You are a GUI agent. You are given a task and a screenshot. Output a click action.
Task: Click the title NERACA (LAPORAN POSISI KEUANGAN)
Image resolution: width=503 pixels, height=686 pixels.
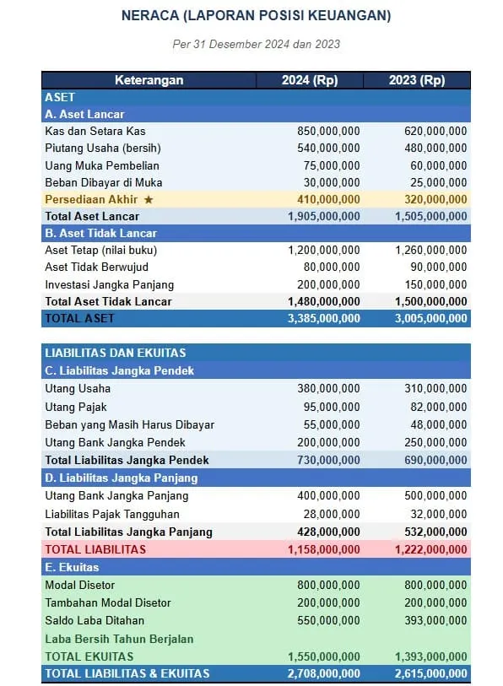coord(256,16)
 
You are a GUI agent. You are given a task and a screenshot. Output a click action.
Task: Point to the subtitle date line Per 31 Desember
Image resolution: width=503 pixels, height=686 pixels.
coord(256,44)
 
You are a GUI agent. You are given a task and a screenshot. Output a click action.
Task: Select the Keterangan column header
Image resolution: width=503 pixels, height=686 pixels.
coord(149,80)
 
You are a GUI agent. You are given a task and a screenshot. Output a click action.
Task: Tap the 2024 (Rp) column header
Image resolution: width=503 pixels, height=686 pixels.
coord(309,80)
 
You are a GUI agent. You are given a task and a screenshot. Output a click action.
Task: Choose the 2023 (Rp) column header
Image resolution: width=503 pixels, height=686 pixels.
coord(417,80)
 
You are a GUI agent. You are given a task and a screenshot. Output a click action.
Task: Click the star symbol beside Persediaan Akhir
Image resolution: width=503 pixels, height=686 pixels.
coord(149,199)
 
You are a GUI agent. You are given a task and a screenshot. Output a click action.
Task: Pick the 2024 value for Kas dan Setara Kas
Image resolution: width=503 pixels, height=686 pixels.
coord(328,131)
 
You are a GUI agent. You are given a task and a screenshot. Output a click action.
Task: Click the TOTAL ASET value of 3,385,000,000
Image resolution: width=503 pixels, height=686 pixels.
coord(323,318)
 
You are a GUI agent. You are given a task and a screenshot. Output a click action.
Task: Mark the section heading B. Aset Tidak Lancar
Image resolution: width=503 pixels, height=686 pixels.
coord(100,233)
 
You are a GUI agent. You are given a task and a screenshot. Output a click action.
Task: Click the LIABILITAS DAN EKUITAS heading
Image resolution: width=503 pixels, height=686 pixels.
coord(115,353)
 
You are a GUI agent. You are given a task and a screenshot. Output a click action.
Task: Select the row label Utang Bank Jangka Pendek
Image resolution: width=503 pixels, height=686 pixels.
coord(115,442)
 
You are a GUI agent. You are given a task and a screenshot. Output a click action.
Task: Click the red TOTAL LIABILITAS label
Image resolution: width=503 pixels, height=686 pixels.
coord(95,549)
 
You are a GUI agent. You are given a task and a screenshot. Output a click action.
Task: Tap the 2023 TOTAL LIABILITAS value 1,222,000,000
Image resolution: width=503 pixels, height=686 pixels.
coord(430,549)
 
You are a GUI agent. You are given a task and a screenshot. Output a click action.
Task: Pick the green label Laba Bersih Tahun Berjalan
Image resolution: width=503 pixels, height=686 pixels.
coord(119,639)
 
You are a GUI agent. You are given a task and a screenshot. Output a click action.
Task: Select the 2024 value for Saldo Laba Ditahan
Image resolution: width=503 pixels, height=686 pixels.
coord(328,620)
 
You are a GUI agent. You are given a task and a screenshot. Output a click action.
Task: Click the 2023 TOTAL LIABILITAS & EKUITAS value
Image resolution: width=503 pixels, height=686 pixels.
coord(430,673)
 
